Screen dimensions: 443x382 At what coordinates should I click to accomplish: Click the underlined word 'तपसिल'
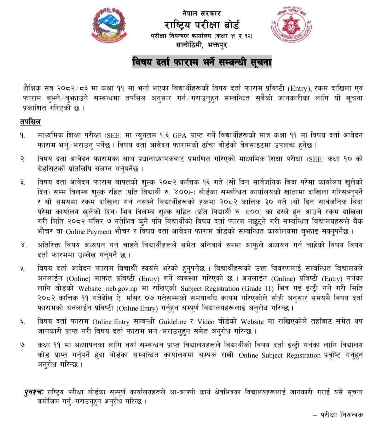(x=30, y=122)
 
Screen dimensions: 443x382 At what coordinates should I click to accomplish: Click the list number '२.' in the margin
(x=23, y=159)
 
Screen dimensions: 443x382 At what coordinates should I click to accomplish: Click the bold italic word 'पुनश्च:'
(x=34, y=392)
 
